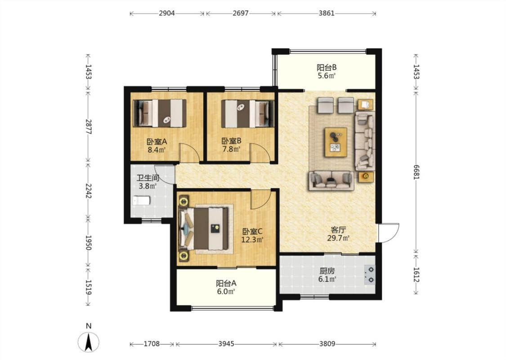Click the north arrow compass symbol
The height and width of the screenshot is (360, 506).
coord(89,342)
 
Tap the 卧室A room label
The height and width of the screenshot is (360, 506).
coord(157,141)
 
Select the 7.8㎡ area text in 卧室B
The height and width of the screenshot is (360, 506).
coord(231,149)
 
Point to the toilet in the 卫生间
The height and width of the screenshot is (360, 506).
coord(142,200)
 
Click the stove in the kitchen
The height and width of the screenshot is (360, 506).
coord(370,274)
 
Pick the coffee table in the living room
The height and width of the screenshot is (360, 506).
coord(336,142)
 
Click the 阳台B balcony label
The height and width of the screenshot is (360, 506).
coord(327,67)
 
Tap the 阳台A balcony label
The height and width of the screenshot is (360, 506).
coord(226,283)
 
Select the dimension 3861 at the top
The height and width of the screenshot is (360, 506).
coord(327,13)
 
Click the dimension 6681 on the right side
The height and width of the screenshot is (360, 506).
coord(416,172)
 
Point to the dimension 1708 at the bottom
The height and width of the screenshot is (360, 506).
coord(152,344)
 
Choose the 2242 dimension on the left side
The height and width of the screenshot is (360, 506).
coord(89,191)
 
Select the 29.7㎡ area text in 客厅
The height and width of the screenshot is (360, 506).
coord(339,238)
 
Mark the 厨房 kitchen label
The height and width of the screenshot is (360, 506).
coord(327,271)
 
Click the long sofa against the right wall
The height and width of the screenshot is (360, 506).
coord(365,141)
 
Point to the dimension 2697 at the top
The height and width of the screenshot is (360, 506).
coord(241,13)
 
